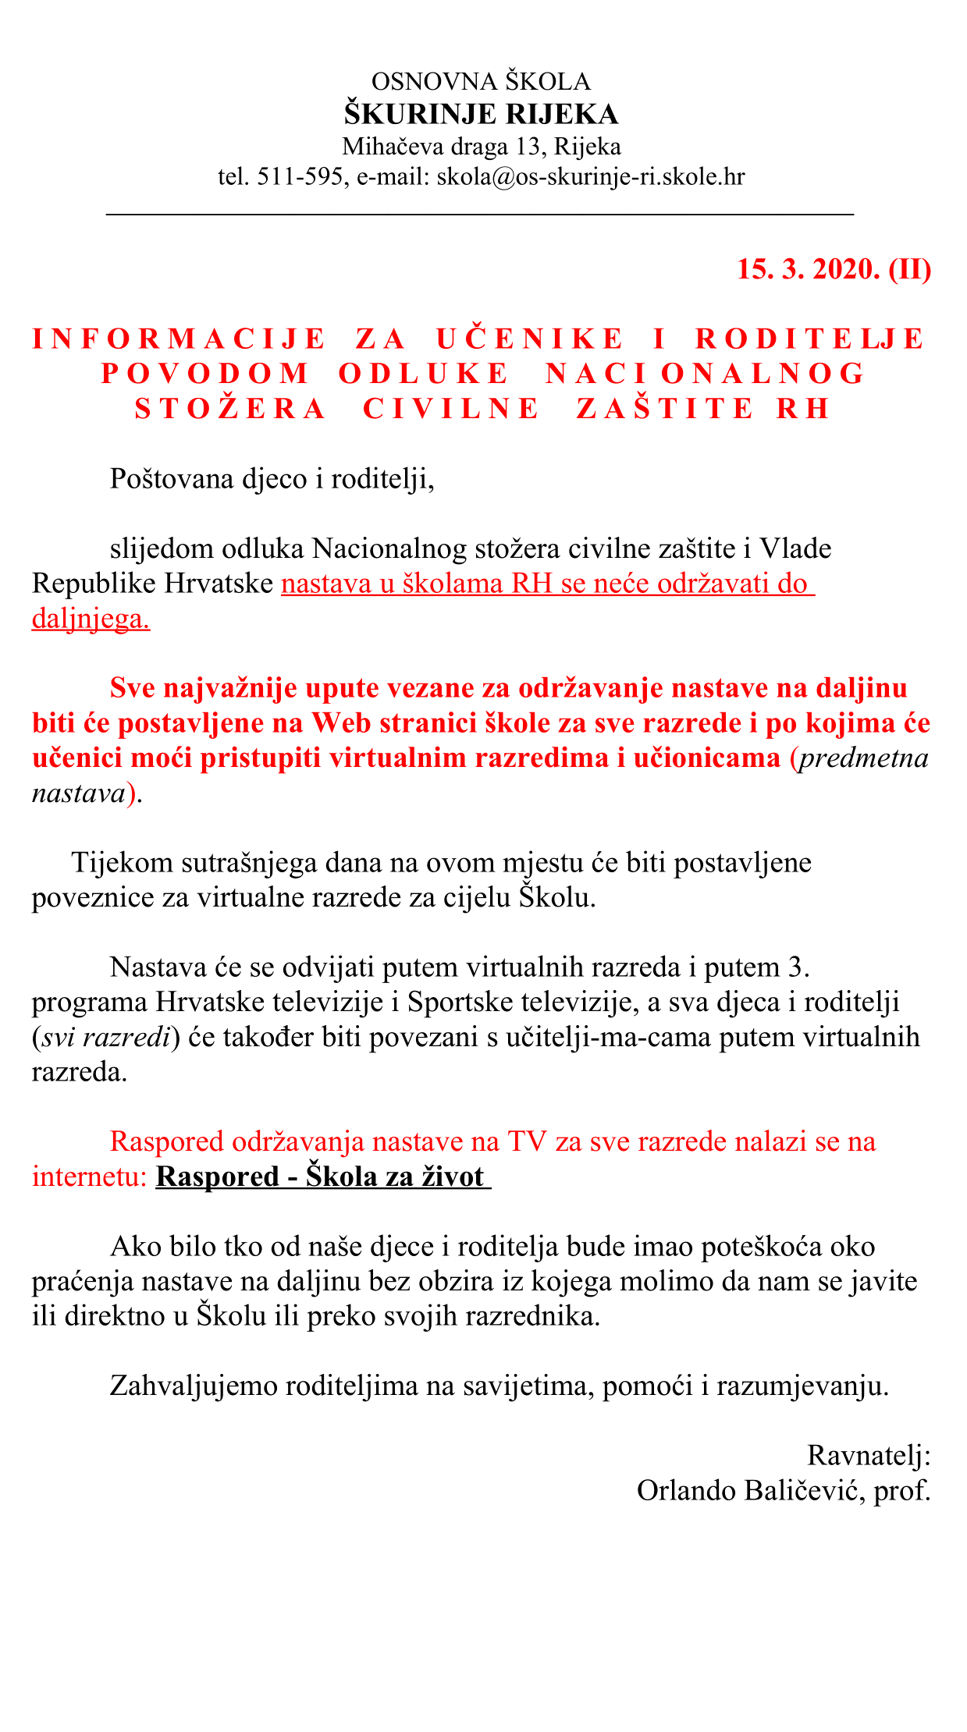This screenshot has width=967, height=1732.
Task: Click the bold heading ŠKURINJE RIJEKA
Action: tap(482, 115)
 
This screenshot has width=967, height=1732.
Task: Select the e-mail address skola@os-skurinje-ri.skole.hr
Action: tap(590, 177)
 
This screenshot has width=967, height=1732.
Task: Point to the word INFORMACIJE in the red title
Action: tap(179, 339)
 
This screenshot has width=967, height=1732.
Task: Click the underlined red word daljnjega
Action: tap(91, 619)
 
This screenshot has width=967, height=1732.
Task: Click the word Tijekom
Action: tap(119, 863)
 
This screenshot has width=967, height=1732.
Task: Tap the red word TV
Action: tap(527, 1142)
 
